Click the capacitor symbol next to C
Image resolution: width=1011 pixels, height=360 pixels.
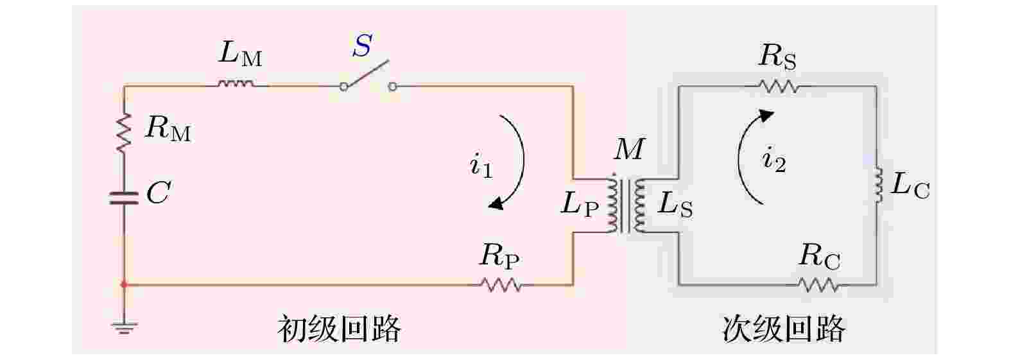click(124, 198)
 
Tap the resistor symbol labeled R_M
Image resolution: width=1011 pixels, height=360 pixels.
click(124, 133)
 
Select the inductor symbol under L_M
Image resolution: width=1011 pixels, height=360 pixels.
click(236, 83)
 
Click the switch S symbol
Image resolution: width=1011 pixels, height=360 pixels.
click(368, 77)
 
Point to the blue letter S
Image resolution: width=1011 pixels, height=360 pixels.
click(363, 45)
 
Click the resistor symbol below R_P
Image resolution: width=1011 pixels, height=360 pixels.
click(501, 285)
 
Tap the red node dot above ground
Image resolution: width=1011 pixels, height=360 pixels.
click(124, 285)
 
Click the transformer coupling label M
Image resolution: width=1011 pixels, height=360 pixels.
click(628, 149)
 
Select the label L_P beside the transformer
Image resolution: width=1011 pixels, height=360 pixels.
click(580, 206)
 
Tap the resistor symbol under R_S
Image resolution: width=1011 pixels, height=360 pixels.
click(778, 86)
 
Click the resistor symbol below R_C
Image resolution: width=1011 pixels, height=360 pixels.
click(818, 285)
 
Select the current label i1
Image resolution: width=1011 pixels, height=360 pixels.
click(481, 166)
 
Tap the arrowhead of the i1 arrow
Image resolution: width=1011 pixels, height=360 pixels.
click(496, 204)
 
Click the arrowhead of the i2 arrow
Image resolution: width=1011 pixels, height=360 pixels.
click(766, 116)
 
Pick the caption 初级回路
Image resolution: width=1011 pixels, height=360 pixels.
click(340, 329)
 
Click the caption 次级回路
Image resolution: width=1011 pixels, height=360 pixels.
click(784, 329)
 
